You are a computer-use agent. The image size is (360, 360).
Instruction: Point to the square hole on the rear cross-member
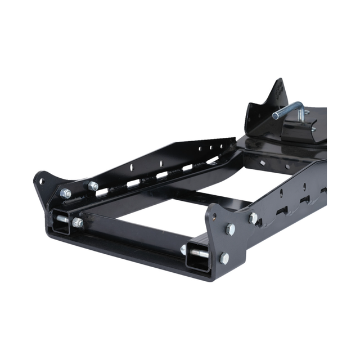(263, 163)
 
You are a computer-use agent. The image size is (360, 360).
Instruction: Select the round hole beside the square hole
(287, 167)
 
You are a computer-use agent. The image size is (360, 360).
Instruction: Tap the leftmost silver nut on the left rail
(66, 193)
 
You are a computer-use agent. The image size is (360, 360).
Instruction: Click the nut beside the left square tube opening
(78, 223)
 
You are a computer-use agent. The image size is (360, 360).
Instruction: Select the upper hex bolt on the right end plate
(230, 229)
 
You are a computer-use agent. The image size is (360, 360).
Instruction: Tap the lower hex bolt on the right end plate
(224, 258)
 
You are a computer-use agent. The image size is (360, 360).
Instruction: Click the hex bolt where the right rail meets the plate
(254, 218)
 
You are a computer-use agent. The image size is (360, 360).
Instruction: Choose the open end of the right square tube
(198, 254)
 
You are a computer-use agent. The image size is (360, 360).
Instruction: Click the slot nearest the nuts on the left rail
(102, 193)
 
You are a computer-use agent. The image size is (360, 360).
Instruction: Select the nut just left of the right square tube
(183, 249)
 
